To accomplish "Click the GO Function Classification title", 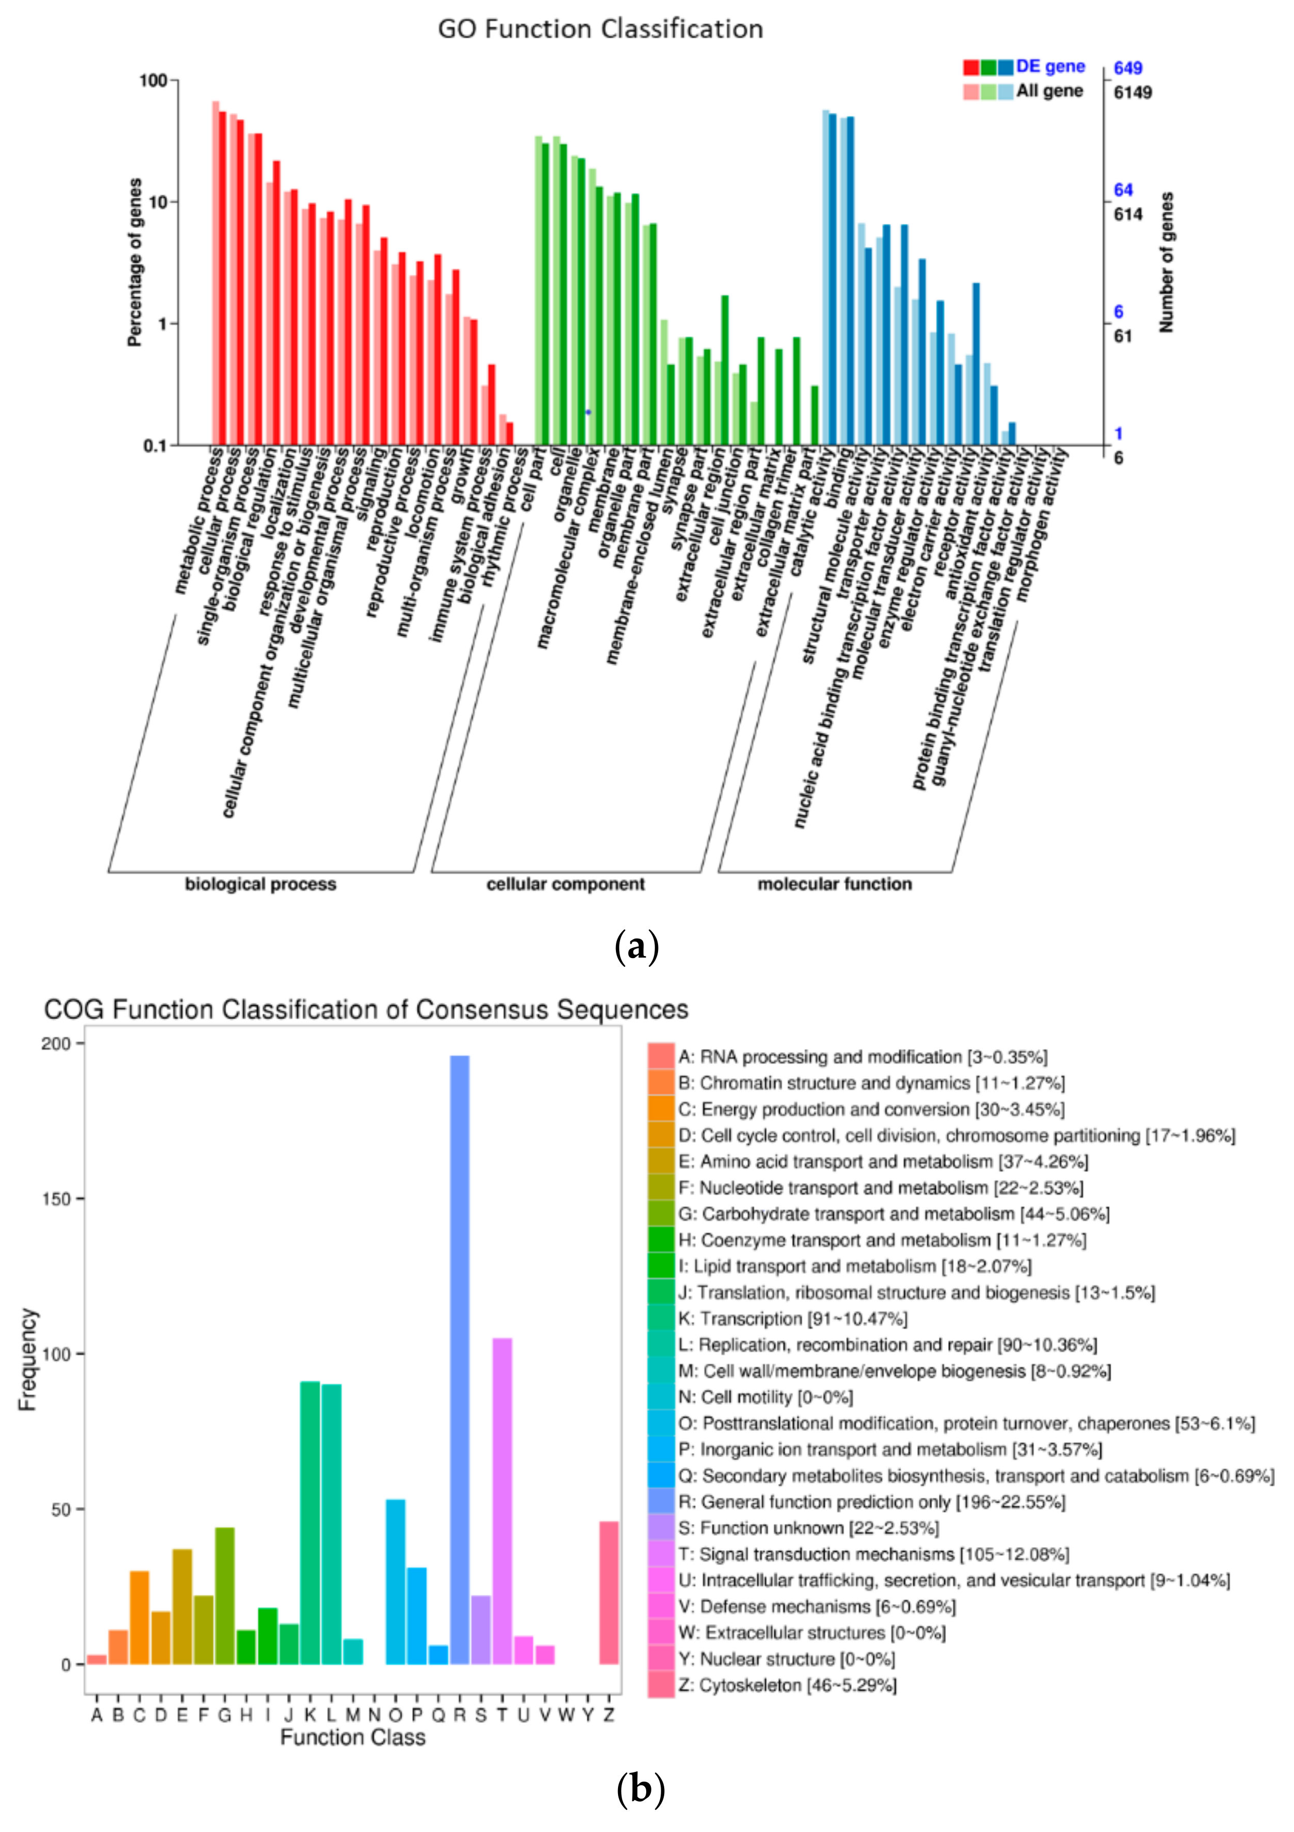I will click(x=600, y=29).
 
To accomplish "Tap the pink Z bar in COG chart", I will click(x=609, y=1605).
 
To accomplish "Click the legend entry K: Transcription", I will click(x=792, y=1319).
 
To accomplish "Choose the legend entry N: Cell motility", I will click(x=765, y=1397).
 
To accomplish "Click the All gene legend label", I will click(x=1049, y=91).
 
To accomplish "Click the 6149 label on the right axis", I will click(x=1132, y=92).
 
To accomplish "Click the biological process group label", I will click(x=260, y=884).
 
